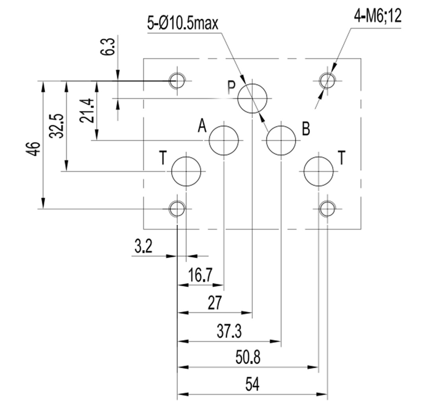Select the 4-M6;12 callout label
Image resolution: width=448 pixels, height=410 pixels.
click(378, 16)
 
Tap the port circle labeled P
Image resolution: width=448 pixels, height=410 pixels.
click(252, 98)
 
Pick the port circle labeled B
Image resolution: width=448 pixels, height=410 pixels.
click(281, 141)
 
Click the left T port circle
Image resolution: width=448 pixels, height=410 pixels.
click(186, 171)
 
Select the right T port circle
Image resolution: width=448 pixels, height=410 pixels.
click(318, 171)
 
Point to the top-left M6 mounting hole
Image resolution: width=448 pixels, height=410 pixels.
click(177, 81)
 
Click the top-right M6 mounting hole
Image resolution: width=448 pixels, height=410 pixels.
click(327, 81)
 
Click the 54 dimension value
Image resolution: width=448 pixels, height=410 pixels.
click(252, 385)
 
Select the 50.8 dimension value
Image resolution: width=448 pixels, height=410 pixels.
click(249, 358)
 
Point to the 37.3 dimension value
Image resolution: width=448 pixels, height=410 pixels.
click(229, 331)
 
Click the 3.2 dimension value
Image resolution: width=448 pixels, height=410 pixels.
click(144, 247)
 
